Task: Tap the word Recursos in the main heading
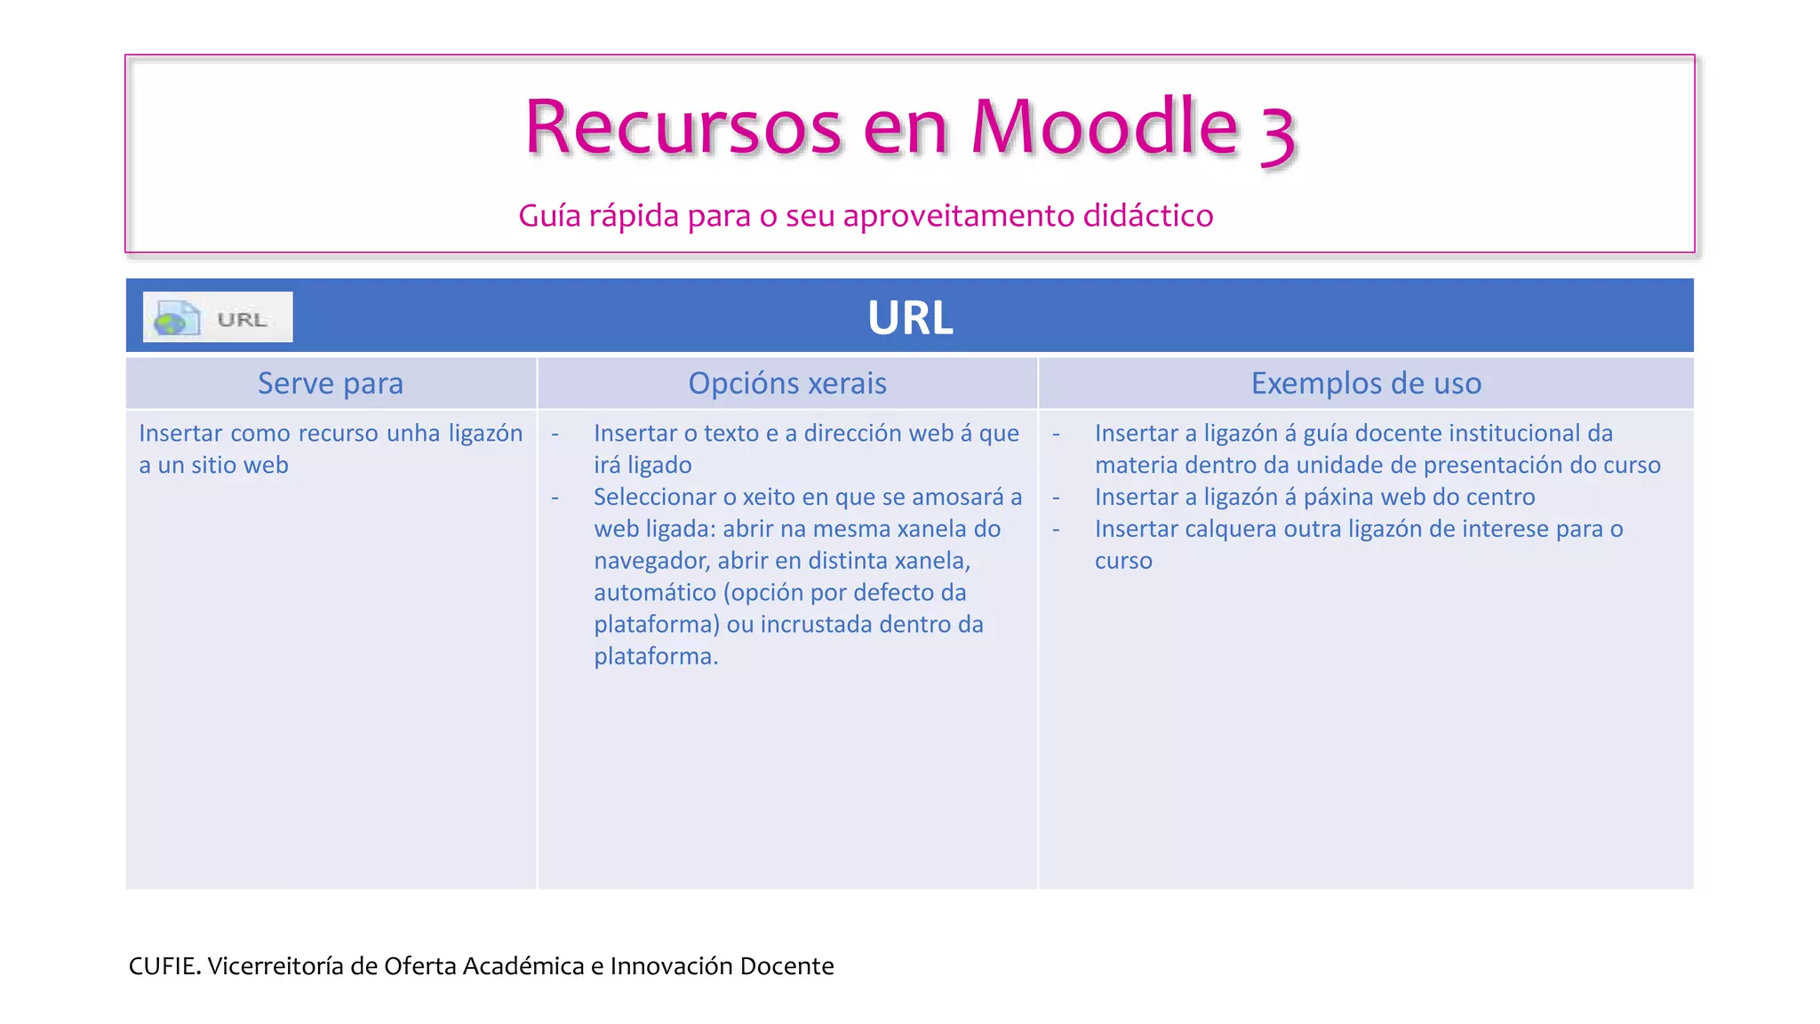pyautogui.click(x=682, y=127)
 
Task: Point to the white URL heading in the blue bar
pyautogui.click(x=910, y=317)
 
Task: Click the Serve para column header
pyautogui.click(x=331, y=383)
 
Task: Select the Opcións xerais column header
pyautogui.click(x=787, y=383)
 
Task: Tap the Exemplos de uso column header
pyautogui.click(x=1366, y=383)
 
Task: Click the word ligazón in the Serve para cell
pyautogui.click(x=485, y=433)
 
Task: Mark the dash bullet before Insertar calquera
pyautogui.click(x=1056, y=529)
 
